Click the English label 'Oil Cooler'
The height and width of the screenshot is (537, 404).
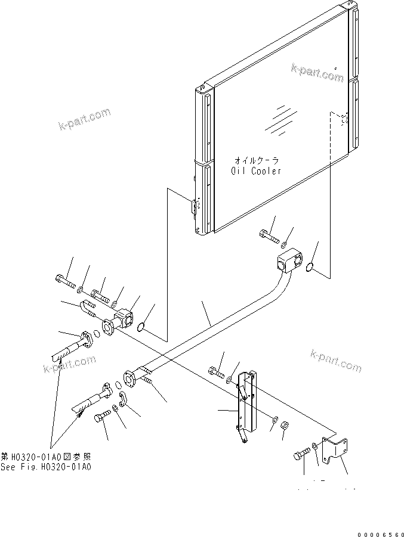pos(256,170)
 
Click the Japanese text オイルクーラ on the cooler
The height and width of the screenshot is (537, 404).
pos(256,160)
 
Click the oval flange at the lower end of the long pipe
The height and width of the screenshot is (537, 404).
pos(130,380)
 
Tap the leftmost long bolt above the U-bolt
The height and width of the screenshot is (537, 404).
pos(63,280)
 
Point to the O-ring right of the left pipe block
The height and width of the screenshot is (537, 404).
pos(141,327)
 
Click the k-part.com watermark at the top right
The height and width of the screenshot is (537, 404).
pos(317,74)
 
